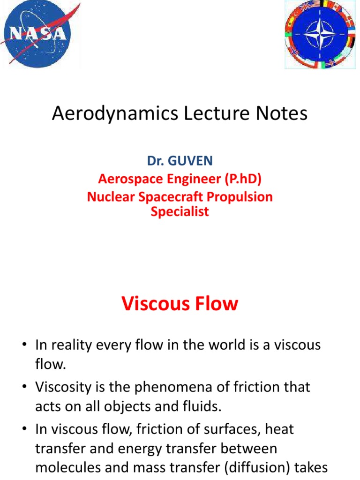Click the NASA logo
39,33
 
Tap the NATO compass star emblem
317,34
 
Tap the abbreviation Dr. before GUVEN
155,161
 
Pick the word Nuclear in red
109,196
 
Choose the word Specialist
180,211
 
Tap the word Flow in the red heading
217,304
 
